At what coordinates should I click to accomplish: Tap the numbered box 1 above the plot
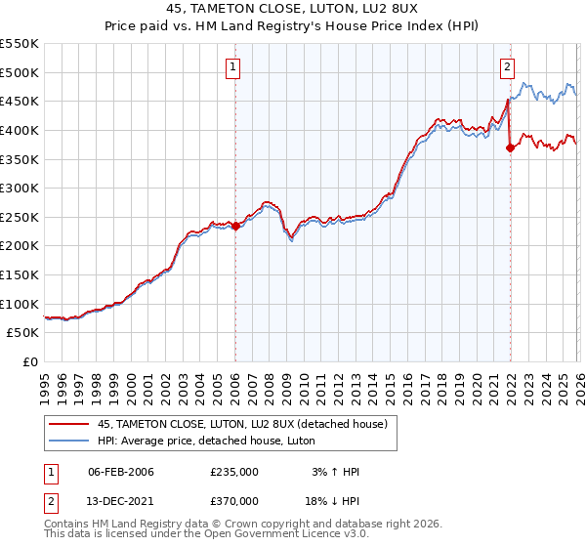coord(234,67)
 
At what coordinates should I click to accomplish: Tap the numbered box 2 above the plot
coord(508,67)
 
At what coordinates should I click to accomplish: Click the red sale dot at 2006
coord(235,226)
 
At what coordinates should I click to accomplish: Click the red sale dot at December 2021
coord(510,148)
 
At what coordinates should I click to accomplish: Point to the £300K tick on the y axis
coord(21,189)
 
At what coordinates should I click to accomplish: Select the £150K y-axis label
coord(21,275)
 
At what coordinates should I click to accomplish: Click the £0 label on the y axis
coord(29,362)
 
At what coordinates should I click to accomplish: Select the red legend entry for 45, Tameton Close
coord(242,424)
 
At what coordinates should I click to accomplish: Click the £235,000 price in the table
coord(233,472)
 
